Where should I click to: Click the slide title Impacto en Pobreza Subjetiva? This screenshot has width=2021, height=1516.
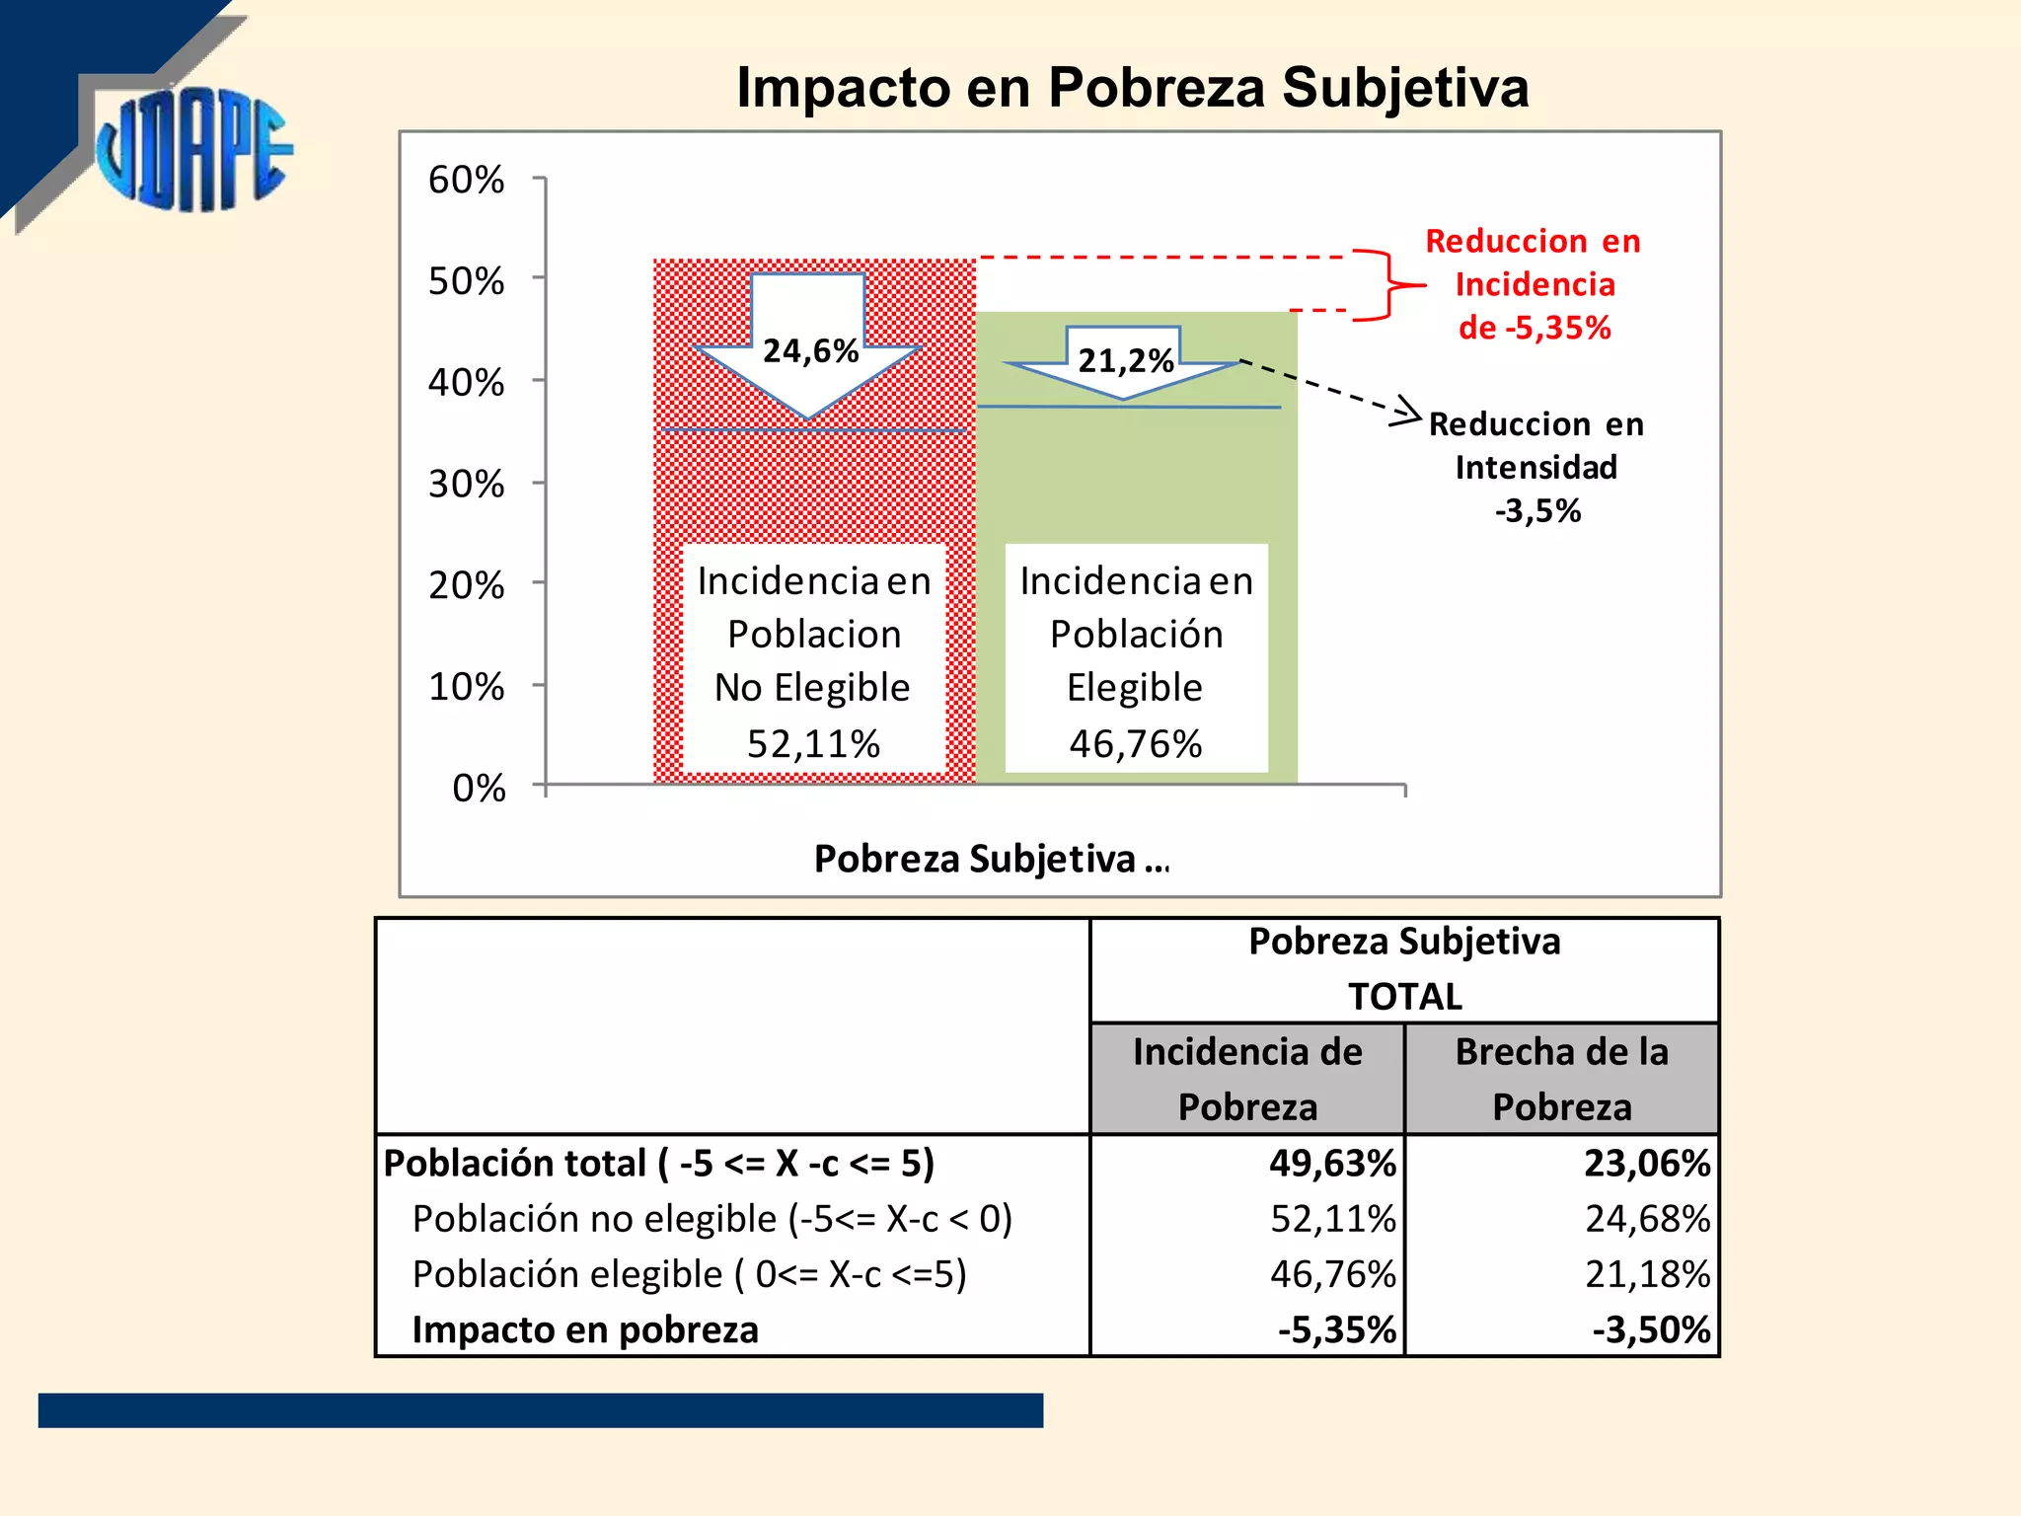point(1132,87)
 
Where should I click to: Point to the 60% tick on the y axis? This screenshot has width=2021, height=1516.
point(467,180)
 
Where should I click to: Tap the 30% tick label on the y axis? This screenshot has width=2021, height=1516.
point(467,484)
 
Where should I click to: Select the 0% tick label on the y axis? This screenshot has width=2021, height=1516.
point(479,788)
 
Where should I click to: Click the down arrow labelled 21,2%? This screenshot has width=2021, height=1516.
point(1124,361)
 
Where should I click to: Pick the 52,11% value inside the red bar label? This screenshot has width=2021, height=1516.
point(813,743)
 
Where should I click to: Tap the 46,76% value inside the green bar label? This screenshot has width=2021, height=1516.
point(1136,743)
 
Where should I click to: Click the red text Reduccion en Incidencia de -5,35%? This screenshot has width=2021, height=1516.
point(1534,284)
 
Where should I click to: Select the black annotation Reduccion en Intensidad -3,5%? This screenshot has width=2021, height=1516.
point(1536,467)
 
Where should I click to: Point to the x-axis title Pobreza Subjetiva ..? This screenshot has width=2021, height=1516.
point(991,859)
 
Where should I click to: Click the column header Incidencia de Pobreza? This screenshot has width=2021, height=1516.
point(1247,1079)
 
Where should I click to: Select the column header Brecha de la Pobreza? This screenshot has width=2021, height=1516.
point(1561,1079)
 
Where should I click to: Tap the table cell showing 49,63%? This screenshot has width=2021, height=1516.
point(1332,1163)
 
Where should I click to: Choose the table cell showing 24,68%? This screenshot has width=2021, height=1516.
point(1646,1218)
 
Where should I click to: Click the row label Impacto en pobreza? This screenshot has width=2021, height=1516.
point(585,1329)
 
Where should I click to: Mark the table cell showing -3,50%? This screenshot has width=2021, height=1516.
point(1650,1329)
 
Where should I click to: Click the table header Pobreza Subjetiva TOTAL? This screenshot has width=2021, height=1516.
point(1404,969)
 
